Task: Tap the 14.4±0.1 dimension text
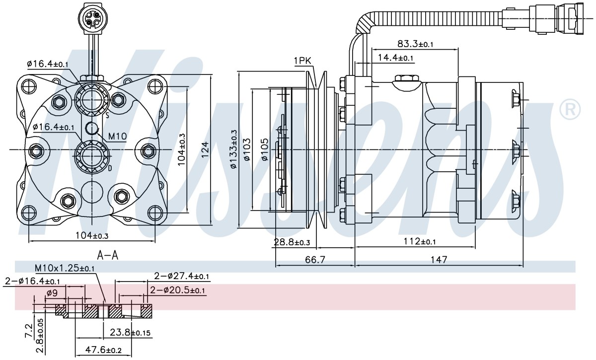click(395, 58)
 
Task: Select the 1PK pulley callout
click(302, 61)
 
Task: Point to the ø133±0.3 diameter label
click(233, 149)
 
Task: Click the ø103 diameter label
click(247, 149)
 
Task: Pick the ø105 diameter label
click(265, 149)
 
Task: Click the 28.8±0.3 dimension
click(292, 242)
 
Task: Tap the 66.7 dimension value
click(315, 260)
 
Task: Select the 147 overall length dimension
click(439, 260)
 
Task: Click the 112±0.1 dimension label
click(420, 241)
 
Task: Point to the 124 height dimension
click(205, 149)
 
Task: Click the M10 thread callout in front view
click(117, 137)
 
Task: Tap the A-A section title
click(107, 255)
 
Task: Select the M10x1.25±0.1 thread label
click(65, 268)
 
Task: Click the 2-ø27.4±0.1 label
click(181, 276)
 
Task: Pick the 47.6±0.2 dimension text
click(103, 350)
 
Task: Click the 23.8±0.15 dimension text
click(130, 332)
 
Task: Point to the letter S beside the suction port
click(107, 115)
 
